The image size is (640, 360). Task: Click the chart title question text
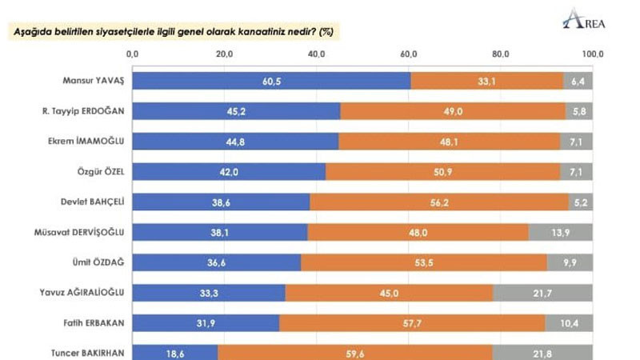pos(170,32)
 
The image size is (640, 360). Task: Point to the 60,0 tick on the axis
pos(409,54)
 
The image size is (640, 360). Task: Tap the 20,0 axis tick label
pos(225,54)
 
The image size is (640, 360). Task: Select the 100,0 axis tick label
pos(592,54)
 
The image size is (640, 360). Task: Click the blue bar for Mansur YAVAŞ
pos(271,80)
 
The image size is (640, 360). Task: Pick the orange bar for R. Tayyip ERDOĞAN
pos(453,110)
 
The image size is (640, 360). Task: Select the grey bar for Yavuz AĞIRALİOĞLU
pos(543,293)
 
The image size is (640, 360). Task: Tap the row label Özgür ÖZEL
pos(101,171)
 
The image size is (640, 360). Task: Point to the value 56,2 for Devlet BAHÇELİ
pos(439,202)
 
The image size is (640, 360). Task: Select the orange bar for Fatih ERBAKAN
pos(412,323)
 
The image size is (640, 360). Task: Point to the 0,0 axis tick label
pos(133,54)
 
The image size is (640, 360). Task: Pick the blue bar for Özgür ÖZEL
pos(229,171)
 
